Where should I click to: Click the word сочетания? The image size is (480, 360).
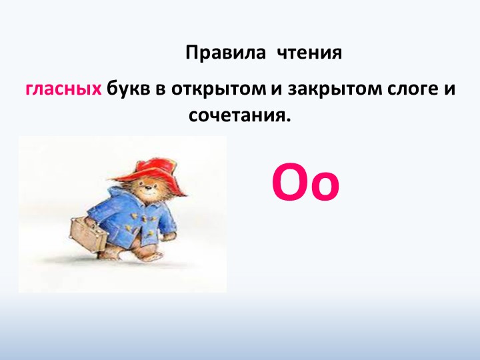[x=239, y=115]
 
